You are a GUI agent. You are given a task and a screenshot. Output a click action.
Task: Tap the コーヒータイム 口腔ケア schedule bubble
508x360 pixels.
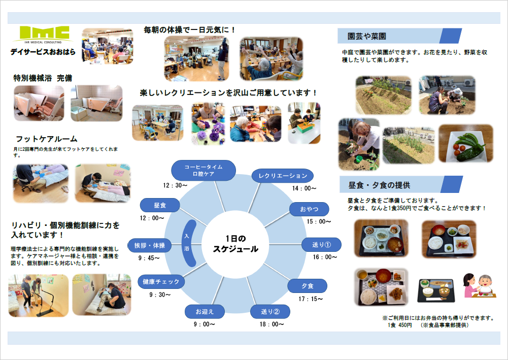pyautogui.click(x=204, y=171)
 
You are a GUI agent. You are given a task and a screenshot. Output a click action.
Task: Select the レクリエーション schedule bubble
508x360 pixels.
pyautogui.click(x=283, y=176)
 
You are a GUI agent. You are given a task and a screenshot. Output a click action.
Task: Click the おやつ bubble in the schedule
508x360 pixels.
pyautogui.click(x=309, y=209)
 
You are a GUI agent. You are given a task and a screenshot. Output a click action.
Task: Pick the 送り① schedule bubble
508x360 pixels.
pyautogui.click(x=321, y=245)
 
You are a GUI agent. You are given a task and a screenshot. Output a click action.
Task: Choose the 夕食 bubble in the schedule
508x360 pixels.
pyautogui.click(x=308, y=286)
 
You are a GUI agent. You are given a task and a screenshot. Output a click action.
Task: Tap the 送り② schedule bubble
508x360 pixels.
pyautogui.click(x=270, y=312)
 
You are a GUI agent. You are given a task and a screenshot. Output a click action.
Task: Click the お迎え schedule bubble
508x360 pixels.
pyautogui.click(x=205, y=312)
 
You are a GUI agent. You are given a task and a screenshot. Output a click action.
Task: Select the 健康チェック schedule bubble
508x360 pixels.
pyautogui.click(x=161, y=282)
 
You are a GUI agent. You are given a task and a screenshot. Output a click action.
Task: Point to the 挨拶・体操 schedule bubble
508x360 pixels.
pyautogui.click(x=150, y=245)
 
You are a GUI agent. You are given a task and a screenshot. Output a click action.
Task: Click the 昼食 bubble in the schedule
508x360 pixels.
pyautogui.click(x=160, y=205)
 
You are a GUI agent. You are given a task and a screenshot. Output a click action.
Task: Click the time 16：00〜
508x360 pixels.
pyautogui.click(x=325, y=257)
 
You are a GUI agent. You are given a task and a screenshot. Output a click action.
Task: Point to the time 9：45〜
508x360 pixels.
pyautogui.click(x=149, y=258)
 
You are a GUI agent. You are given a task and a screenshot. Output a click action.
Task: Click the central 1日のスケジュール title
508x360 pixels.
pyautogui.click(x=235, y=244)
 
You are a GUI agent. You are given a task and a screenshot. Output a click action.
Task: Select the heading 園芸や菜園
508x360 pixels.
pyautogui.click(x=367, y=36)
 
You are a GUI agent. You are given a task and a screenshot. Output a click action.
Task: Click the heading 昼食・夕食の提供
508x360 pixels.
pyautogui.click(x=380, y=185)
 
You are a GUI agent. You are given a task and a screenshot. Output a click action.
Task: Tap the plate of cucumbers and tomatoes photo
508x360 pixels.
pyautogui.click(x=466, y=144)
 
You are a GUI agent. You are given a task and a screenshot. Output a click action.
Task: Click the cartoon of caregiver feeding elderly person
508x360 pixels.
pyautogui.click(x=478, y=285)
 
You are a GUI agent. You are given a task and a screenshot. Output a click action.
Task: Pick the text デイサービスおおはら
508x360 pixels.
pyautogui.click(x=43, y=52)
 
